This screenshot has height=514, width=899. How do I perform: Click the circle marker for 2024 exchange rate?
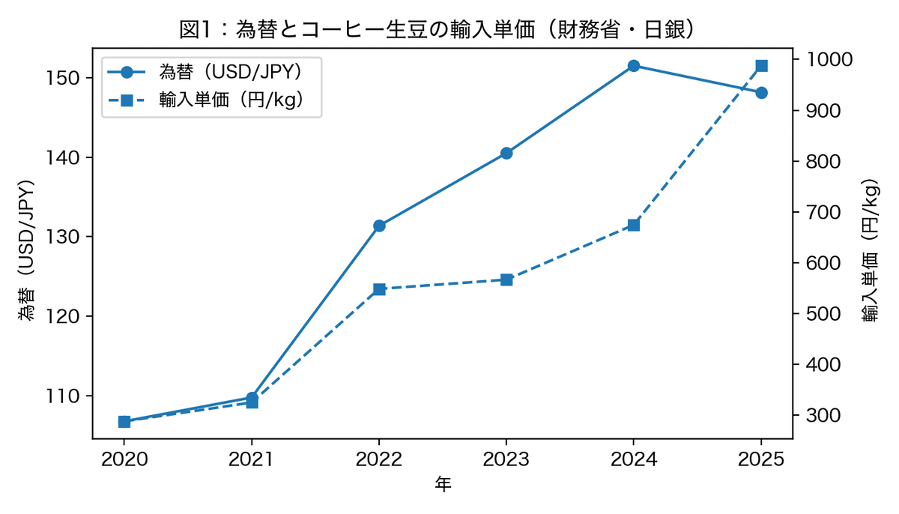[634, 66]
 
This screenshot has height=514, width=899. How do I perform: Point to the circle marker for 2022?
[379, 226]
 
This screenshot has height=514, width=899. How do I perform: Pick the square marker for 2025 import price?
[761, 66]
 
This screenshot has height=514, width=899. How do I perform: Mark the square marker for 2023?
[506, 279]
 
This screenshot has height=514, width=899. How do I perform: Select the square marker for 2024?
[634, 225]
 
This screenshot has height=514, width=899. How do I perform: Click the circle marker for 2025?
[761, 93]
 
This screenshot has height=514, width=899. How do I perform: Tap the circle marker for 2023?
[506, 153]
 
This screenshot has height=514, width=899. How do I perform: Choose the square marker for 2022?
[379, 289]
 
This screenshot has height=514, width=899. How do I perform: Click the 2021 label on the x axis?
[252, 459]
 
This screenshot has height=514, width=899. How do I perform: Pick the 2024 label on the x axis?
[634, 459]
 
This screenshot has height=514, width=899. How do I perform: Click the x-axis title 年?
[443, 486]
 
